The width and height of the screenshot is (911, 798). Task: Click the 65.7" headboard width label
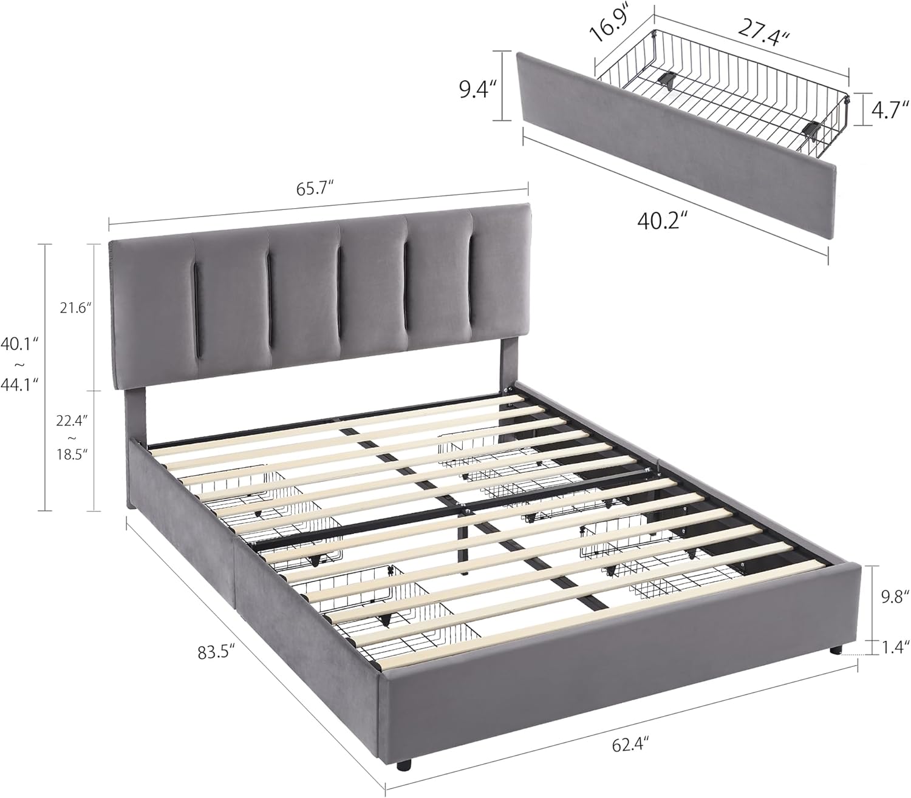[317, 189]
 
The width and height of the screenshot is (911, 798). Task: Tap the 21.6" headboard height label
[76, 308]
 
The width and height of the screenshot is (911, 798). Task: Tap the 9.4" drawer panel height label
[479, 89]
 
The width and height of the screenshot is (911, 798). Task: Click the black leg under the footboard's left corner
[402, 766]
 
